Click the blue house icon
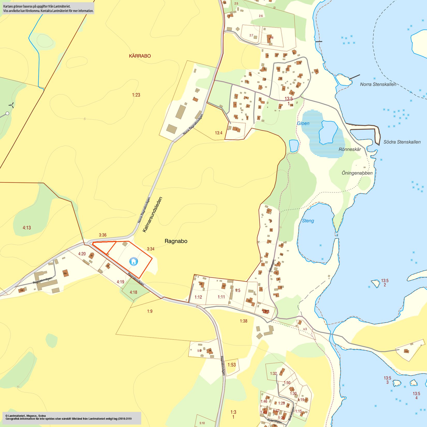click(x=134, y=261)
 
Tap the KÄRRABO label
click(x=140, y=56)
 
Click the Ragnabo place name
click(x=176, y=241)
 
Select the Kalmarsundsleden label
click(x=152, y=215)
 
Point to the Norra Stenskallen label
click(x=378, y=84)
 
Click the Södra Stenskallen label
click(x=402, y=142)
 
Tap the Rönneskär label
click(x=350, y=149)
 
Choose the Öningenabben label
click(x=357, y=173)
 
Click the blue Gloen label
click(x=303, y=123)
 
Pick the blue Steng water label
click(x=308, y=221)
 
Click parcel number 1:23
click(x=136, y=95)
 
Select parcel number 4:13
click(x=27, y=228)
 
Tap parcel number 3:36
click(x=103, y=235)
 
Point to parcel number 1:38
click(x=244, y=321)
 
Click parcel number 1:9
click(x=150, y=311)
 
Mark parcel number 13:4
click(x=219, y=133)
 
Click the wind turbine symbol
click(x=11, y=105)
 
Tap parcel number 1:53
click(x=232, y=365)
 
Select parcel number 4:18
click(x=134, y=292)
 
